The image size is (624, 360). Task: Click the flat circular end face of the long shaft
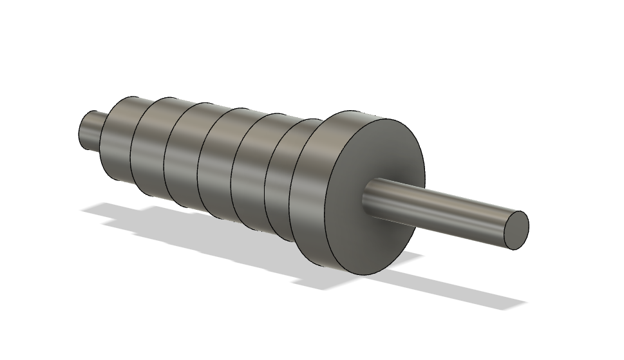(516, 230)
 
